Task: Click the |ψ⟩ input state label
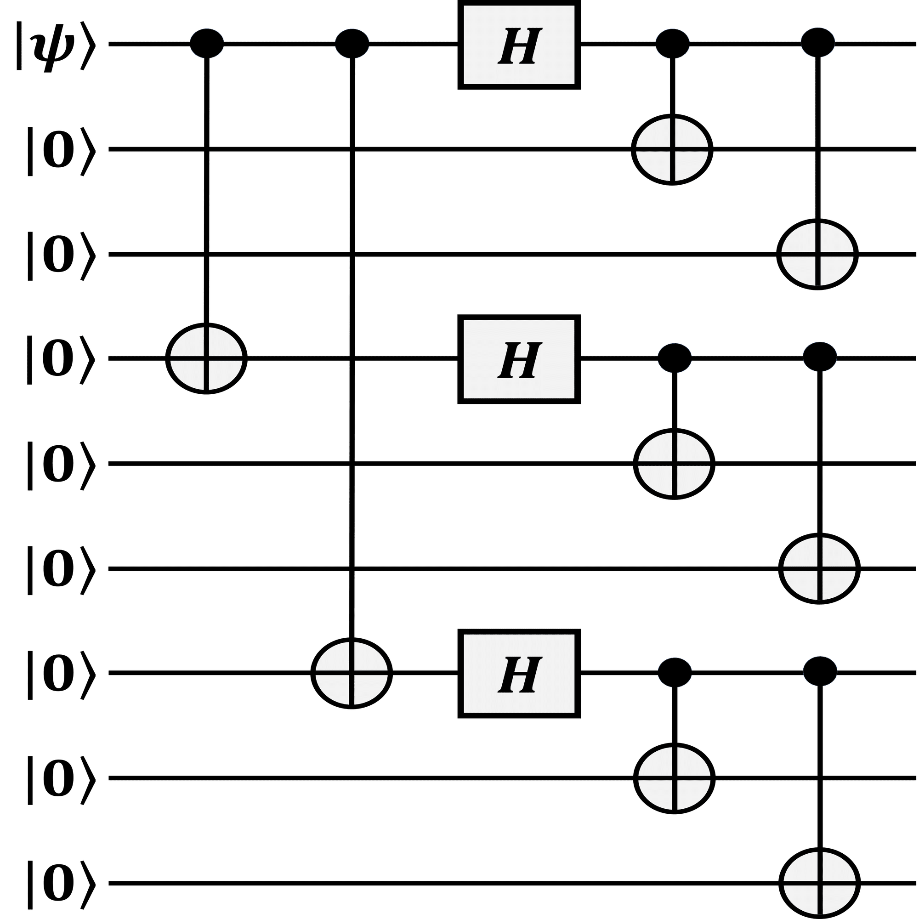pyautogui.click(x=56, y=45)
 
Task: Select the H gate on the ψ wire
pyautogui.click(x=519, y=45)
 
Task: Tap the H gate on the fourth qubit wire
pyautogui.click(x=519, y=360)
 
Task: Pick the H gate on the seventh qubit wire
pyautogui.click(x=519, y=674)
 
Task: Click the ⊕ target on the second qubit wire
pyautogui.click(x=672, y=150)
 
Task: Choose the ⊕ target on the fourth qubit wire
pyautogui.click(x=206, y=360)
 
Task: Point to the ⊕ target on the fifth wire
pyautogui.click(x=674, y=463)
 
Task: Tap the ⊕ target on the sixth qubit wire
pyautogui.click(x=819, y=569)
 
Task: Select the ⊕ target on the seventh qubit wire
pyautogui.click(x=352, y=674)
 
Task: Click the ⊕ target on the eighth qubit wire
pyautogui.click(x=674, y=778)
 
